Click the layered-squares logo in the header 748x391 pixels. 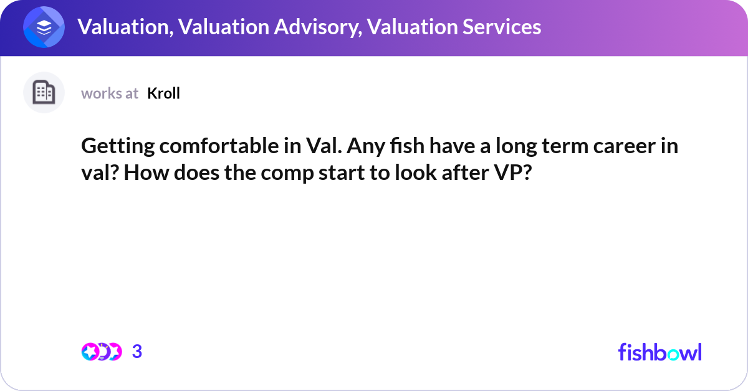(x=44, y=27)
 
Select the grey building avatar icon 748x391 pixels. (x=44, y=93)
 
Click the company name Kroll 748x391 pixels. (x=163, y=93)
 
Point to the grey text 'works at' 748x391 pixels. (x=110, y=93)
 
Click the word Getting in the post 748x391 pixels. (x=117, y=147)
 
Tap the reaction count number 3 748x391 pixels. (x=138, y=352)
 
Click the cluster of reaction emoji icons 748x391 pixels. (x=101, y=352)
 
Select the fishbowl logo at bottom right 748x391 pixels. (x=659, y=352)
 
